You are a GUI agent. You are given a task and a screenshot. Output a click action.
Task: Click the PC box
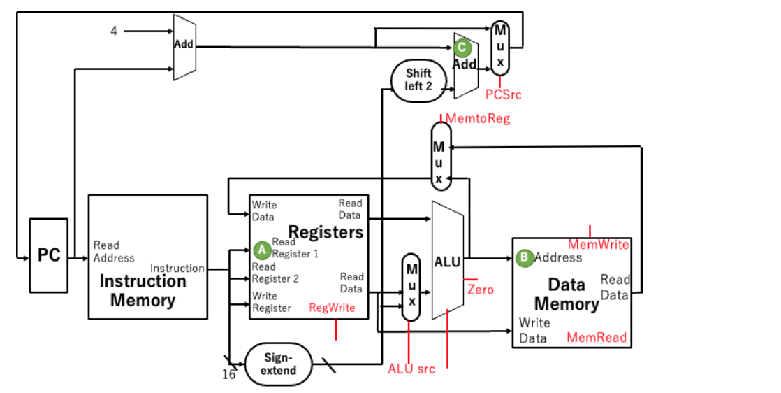[49, 255]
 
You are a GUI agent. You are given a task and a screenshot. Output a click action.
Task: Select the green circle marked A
[262, 248]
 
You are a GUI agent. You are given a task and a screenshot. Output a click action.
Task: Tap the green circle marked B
[524, 257]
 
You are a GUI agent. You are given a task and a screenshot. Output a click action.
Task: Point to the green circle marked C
[461, 48]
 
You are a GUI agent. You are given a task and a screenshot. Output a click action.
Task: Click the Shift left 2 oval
[418, 80]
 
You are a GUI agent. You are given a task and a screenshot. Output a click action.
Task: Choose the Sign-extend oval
[278, 364]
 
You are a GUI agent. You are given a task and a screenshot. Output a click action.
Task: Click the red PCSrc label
[503, 94]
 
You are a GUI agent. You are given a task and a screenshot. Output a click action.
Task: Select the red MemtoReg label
[478, 119]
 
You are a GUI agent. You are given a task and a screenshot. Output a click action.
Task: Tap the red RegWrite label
[332, 308]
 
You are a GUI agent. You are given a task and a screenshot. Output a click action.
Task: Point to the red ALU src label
[411, 369]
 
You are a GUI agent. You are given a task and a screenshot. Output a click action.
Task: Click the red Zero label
[480, 290]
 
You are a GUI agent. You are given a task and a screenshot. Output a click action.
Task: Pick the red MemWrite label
[598, 245]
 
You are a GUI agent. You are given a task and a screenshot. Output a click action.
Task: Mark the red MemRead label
[596, 338]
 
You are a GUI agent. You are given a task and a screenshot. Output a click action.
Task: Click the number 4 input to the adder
[114, 31]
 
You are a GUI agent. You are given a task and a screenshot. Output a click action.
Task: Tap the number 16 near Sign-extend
[228, 374]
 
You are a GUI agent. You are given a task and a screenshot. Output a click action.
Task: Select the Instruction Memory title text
[143, 291]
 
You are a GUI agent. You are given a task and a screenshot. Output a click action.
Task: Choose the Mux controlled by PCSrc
[499, 48]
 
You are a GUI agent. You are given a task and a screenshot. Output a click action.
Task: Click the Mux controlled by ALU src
[411, 287]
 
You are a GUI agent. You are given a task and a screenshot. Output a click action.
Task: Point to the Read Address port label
[114, 252]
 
